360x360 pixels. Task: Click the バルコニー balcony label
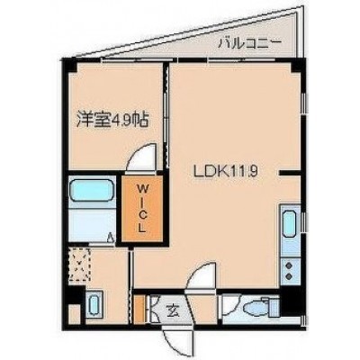(x=249, y=44)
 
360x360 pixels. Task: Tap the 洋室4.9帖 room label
(x=112, y=119)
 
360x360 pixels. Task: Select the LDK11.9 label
(x=226, y=172)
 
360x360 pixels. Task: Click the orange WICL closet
(x=142, y=209)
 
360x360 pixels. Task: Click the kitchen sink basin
(x=290, y=223)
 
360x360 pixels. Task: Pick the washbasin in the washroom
(x=95, y=303)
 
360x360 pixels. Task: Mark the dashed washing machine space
(x=79, y=264)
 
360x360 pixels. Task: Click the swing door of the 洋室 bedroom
(x=142, y=158)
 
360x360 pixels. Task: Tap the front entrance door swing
(x=177, y=339)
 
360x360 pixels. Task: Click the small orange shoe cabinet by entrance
(x=139, y=309)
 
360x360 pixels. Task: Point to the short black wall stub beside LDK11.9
(x=290, y=173)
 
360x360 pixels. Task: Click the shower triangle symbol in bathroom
(x=111, y=238)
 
